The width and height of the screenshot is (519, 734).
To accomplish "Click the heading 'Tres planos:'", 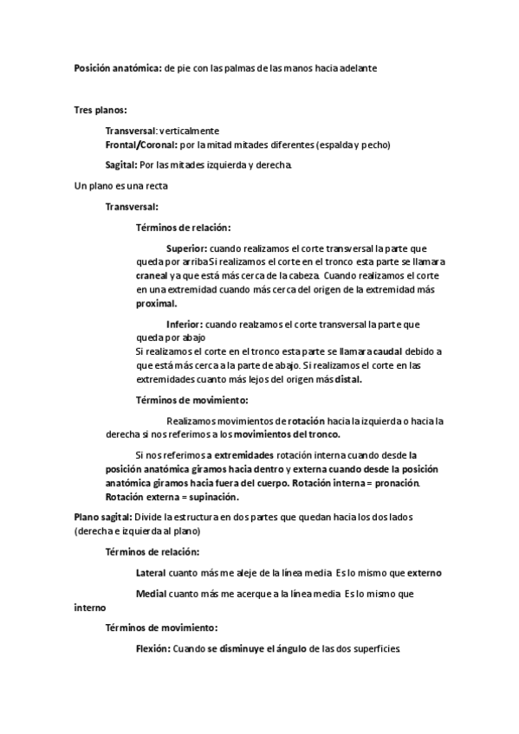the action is click(x=101, y=110).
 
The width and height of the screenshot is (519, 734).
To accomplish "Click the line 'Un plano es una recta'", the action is click(x=121, y=186).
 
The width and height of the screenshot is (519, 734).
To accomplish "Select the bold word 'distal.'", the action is click(x=345, y=379).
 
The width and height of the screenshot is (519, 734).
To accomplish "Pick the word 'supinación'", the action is click(x=208, y=497).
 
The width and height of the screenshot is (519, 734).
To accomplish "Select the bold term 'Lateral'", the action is click(x=152, y=573).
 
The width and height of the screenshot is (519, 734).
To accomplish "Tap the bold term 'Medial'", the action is click(x=152, y=594).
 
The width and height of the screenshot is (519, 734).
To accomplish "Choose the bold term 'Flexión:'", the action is click(x=152, y=648).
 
